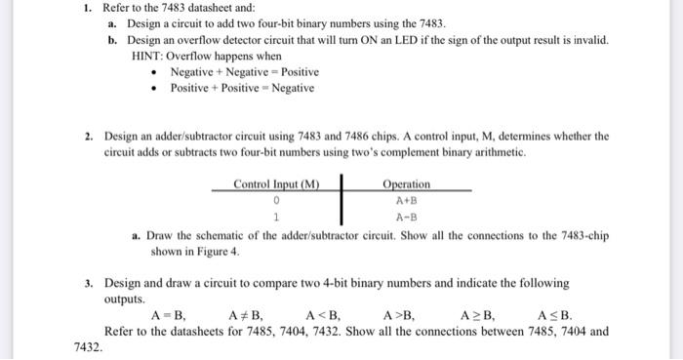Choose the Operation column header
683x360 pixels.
(407, 185)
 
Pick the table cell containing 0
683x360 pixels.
(277, 200)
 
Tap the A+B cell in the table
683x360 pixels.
(407, 201)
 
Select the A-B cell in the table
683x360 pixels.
(407, 218)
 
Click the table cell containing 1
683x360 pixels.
(277, 218)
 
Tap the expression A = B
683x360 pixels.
(169, 315)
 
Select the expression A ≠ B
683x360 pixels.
(245, 315)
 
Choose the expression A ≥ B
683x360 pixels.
(477, 315)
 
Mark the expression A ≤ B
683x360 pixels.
(554, 315)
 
